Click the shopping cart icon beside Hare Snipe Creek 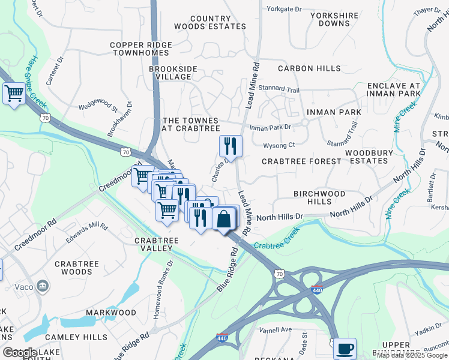(13, 94)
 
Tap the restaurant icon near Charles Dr (230, 145)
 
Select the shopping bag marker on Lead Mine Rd (223, 218)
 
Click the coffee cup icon (345, 349)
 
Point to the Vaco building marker (43, 284)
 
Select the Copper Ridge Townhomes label (141, 49)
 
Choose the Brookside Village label (173, 73)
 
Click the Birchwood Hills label (319, 198)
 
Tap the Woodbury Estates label (369, 157)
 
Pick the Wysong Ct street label (279, 145)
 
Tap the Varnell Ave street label (275, 329)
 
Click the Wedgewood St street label (98, 107)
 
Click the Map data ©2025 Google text (412, 355)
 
